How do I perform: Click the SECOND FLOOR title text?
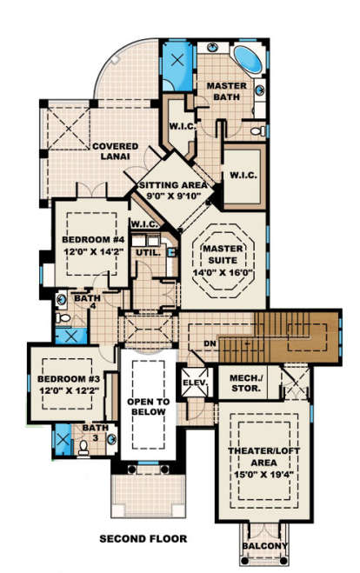pyautogui.click(x=143, y=538)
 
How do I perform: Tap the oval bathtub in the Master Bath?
pyautogui.click(x=248, y=59)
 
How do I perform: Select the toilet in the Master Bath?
pyautogui.click(x=258, y=130)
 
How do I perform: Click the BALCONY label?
pyautogui.click(x=265, y=546)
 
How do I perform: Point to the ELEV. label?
pyautogui.click(x=196, y=383)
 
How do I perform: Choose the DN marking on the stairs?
pyautogui.click(x=210, y=343)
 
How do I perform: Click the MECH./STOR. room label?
pyautogui.click(x=246, y=383)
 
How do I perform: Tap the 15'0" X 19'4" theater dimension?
pyautogui.click(x=263, y=475)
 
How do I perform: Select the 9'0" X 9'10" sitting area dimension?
pyautogui.click(x=174, y=196)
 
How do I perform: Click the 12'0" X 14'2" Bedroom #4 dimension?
pyautogui.click(x=94, y=252)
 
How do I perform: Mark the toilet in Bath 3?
pyautogui.click(x=83, y=448)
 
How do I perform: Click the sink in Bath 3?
pyautogui.click(x=111, y=439)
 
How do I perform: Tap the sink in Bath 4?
pyautogui.click(x=62, y=300)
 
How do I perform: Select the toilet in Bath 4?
pyautogui.click(x=63, y=318)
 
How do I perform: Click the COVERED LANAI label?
pyautogui.click(x=115, y=151)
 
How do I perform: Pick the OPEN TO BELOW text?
pyautogui.click(x=149, y=407)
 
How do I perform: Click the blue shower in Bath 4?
pyautogui.click(x=71, y=336)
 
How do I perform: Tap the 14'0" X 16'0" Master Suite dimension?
pyautogui.click(x=223, y=273)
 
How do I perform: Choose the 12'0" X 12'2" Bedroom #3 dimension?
pyautogui.click(x=70, y=390)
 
